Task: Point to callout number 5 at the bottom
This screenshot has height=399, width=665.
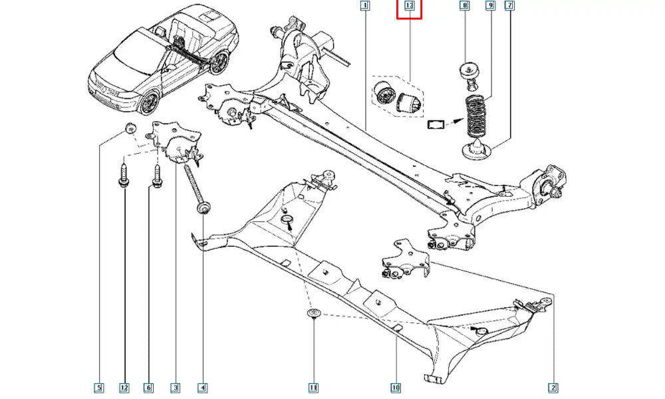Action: [98, 387]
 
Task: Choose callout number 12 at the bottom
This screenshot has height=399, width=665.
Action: [124, 387]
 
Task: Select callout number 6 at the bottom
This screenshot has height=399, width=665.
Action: [148, 387]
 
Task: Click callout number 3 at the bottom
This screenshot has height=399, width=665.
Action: [175, 387]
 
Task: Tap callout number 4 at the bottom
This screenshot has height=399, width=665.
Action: [201, 387]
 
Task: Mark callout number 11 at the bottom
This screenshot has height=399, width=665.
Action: [313, 387]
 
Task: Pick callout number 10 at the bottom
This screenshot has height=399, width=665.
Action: [396, 387]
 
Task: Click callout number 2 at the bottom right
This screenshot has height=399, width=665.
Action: [553, 387]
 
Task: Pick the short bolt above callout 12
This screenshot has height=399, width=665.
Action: [124, 176]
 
